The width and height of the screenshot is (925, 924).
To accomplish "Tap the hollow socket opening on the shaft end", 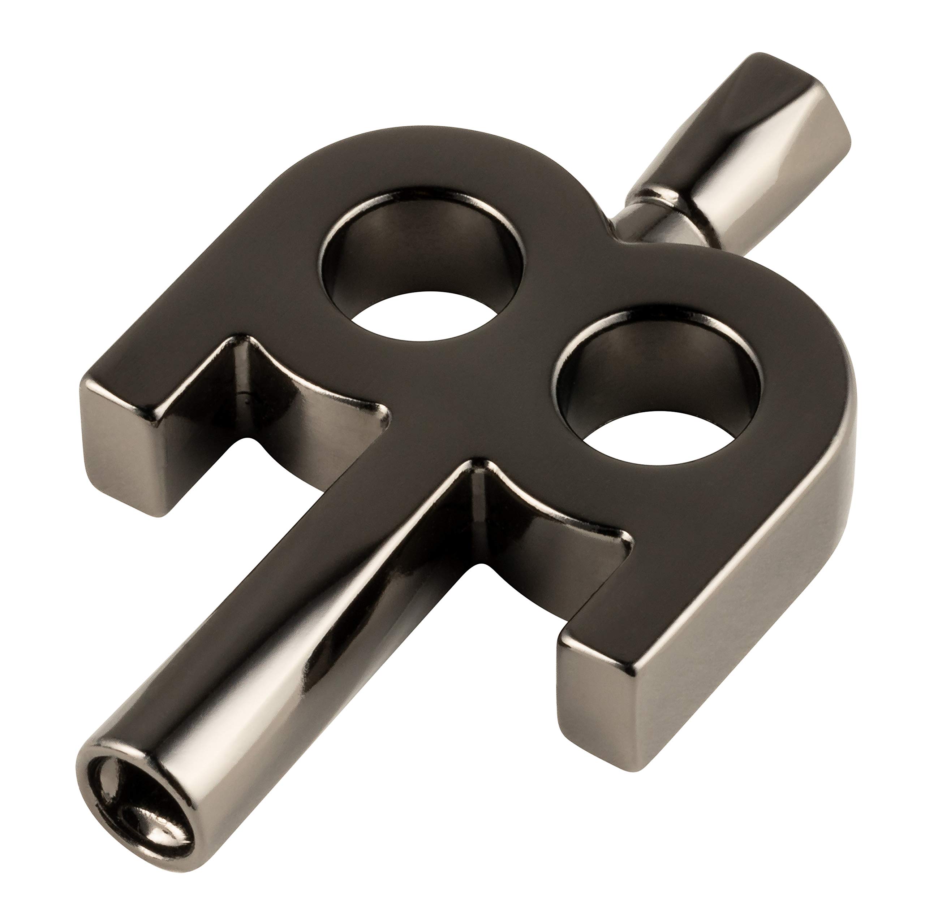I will (144, 790).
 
